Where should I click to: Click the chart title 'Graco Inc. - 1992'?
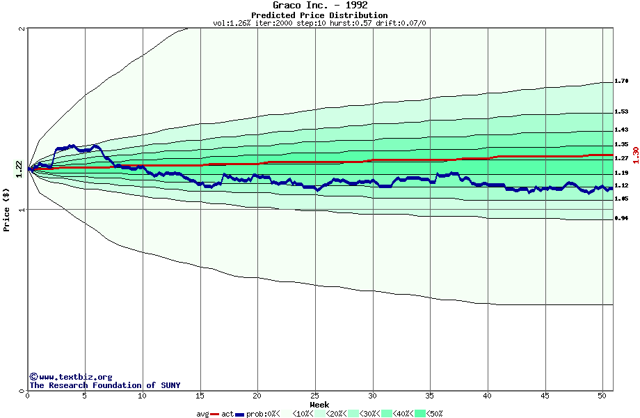pyautogui.click(x=319, y=6)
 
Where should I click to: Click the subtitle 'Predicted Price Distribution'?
pyautogui.click(x=319, y=15)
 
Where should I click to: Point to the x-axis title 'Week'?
pyautogui.click(x=319, y=405)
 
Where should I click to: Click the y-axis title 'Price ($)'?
pyautogui.click(x=6, y=210)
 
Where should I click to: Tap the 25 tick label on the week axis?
pyautogui.click(x=315, y=396)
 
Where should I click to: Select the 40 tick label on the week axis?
pyautogui.click(x=488, y=396)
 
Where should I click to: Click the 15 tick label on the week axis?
pyautogui.click(x=200, y=396)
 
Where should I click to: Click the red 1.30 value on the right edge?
pyautogui.click(x=635, y=154)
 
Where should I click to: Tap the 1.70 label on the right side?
pyautogui.click(x=621, y=82)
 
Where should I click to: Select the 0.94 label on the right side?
pyautogui.click(x=621, y=219)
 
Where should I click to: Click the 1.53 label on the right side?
pyautogui.click(x=621, y=111)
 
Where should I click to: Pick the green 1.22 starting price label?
pyautogui.click(x=19, y=169)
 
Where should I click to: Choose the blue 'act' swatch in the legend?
pyautogui.click(x=240, y=414)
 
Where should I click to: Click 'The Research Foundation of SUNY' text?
pyautogui.click(x=104, y=385)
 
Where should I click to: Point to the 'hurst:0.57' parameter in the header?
pyautogui.click(x=349, y=23)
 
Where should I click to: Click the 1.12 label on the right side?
pyautogui.click(x=621, y=185)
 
